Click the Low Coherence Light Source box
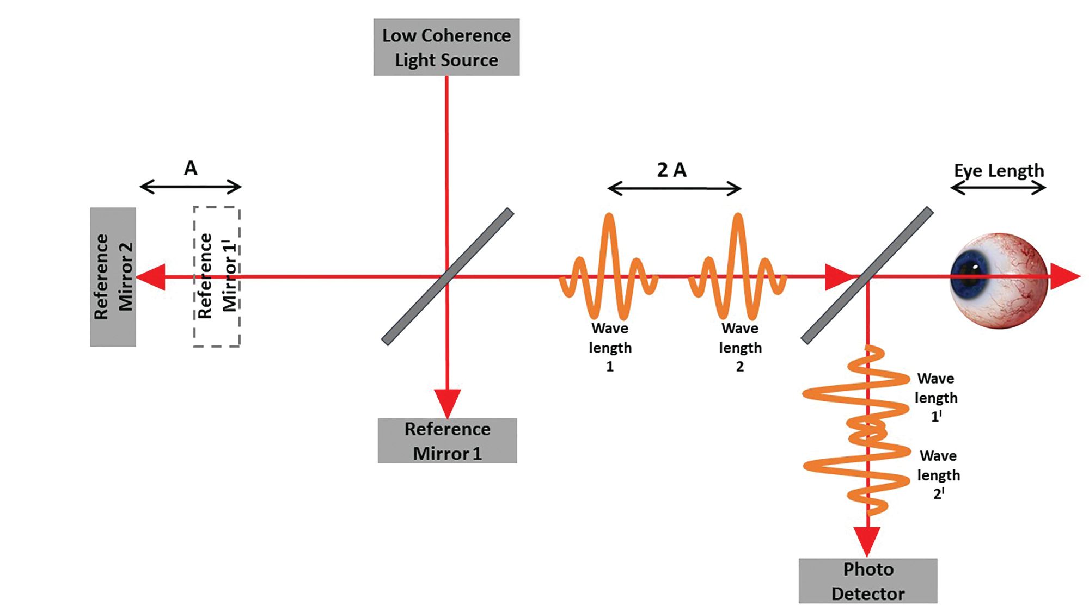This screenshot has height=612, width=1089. point(446,47)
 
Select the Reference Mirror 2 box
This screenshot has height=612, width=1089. point(113,277)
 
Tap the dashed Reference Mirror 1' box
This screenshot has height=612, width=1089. point(217,277)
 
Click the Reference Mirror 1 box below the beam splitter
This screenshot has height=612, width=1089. point(447,441)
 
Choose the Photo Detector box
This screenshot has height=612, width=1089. point(868,581)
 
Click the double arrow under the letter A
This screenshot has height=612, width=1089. point(191,187)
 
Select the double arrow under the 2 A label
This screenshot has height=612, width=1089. point(674,189)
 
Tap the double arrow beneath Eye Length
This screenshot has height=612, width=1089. point(998,188)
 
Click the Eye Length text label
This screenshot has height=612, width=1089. point(999,171)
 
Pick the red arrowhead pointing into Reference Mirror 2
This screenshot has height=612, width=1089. point(151,277)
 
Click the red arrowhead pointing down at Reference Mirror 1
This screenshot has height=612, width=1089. point(447,403)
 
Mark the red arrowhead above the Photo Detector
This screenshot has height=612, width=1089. point(867,541)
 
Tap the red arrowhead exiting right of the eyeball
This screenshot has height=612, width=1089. point(1064,276)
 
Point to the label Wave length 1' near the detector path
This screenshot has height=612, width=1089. point(936,398)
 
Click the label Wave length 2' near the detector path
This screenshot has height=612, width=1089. point(938,475)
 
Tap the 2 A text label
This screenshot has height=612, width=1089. point(671,170)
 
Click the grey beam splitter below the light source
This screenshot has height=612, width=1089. point(448,276)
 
